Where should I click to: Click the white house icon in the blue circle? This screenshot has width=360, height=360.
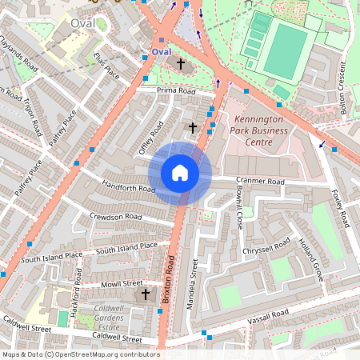tap(180, 173)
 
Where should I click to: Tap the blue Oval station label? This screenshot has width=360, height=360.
tap(162, 51)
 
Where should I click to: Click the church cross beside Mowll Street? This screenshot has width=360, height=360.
tap(146, 294)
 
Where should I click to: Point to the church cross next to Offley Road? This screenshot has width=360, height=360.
tap(191, 127)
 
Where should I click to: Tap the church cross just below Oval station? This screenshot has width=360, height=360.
tap(181, 62)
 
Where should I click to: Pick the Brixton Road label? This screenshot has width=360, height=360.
tap(170, 276)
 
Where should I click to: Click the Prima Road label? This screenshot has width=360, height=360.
tap(176, 91)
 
